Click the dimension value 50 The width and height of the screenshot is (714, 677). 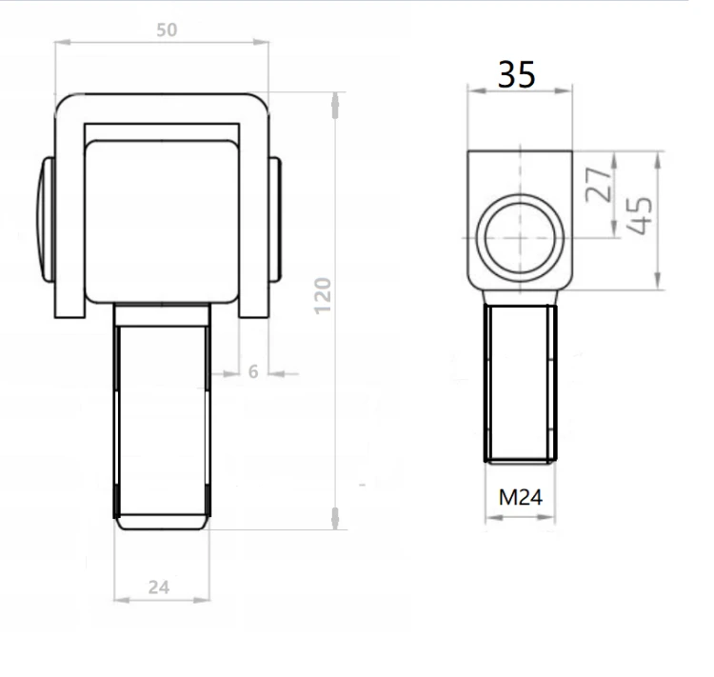(x=167, y=30)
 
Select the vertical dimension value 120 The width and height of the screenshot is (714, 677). (x=323, y=296)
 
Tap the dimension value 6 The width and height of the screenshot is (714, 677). (x=253, y=372)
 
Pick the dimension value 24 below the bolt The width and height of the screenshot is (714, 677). (x=159, y=587)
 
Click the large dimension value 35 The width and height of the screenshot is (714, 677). (x=516, y=74)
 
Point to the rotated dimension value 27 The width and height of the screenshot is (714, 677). (x=598, y=185)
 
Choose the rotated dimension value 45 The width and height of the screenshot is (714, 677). (x=639, y=215)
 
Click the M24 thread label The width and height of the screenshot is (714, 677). (x=521, y=497)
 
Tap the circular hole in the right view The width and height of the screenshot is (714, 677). (x=520, y=238)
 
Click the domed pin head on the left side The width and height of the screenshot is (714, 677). (x=46, y=220)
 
